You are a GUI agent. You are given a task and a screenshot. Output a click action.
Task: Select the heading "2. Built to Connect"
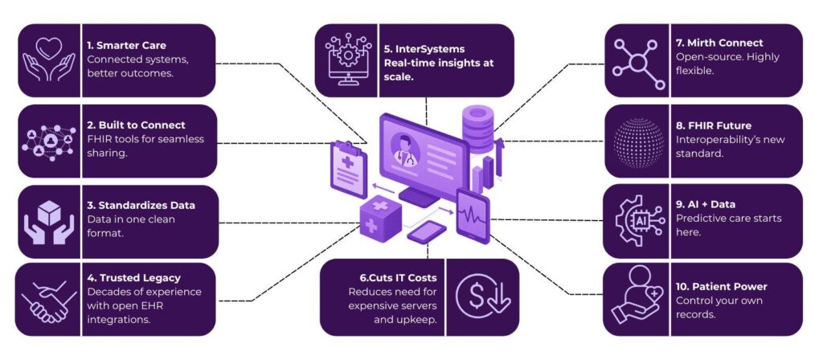(136, 125)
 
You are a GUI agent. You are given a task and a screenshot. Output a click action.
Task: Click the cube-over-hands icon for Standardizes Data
(49, 218)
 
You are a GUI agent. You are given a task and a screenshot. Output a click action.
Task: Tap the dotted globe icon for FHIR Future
(637, 141)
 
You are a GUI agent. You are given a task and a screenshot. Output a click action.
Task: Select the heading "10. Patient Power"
(721, 285)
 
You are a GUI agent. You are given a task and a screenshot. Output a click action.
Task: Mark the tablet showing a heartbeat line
(473, 215)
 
